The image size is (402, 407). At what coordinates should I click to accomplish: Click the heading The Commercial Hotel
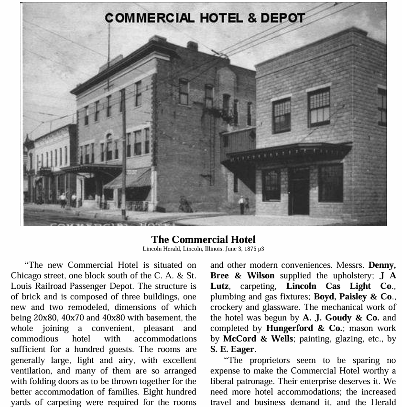[x=203, y=240]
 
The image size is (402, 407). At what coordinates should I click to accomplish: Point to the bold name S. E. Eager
[x=232, y=349]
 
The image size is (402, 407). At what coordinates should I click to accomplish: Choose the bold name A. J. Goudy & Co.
[x=341, y=318]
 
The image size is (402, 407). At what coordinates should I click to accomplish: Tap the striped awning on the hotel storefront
[x=128, y=179]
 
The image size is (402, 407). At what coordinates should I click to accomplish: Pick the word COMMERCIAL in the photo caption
[x=150, y=18]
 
